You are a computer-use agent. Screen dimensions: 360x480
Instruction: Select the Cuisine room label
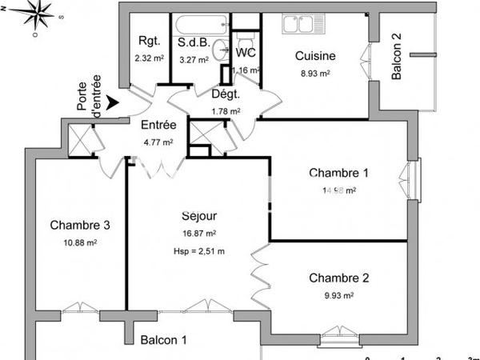315,56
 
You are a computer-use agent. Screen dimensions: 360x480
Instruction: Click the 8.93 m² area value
315,72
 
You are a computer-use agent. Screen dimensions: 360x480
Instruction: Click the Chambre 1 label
339,174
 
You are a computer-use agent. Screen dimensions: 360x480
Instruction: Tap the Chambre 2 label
339,278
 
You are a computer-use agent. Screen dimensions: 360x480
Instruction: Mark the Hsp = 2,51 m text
198,251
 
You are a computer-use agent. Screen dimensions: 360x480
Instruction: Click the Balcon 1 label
163,340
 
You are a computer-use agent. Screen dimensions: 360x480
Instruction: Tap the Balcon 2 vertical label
397,61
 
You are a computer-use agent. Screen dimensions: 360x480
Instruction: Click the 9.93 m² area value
339,295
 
